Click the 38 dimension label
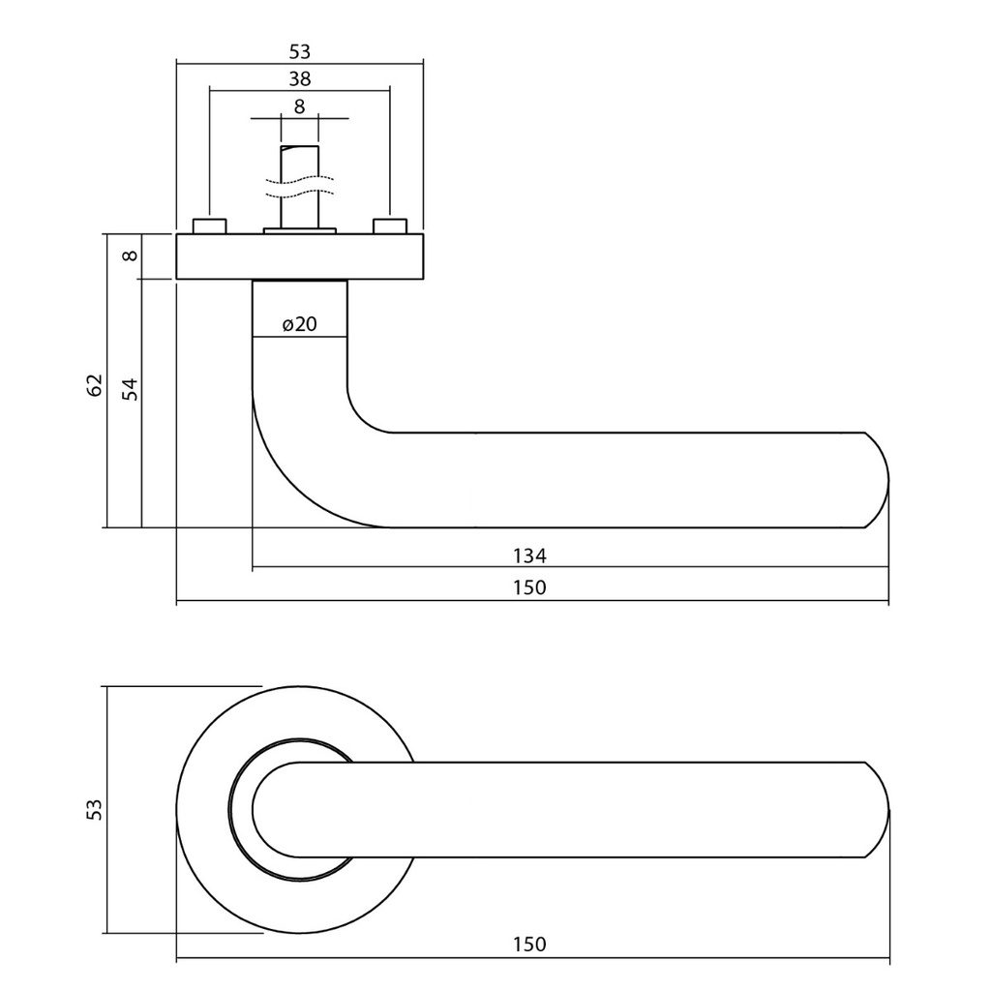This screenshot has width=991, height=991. pos(299,79)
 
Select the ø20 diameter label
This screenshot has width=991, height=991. pos(300,325)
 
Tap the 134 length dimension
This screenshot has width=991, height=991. pos(529,556)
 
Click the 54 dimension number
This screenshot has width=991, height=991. pos(131,389)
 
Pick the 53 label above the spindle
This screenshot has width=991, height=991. pos(299,52)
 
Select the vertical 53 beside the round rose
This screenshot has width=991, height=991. pos(95,809)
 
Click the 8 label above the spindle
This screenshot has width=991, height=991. pos(299,106)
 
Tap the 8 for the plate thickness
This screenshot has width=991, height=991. pos(131,256)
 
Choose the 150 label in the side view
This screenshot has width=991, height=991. pos(529,587)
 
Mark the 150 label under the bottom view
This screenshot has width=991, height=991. pos(529,945)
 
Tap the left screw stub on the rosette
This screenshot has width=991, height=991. pos(209,226)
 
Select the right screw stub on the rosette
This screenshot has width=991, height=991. pos(389,226)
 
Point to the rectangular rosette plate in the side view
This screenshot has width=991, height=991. pos(300,256)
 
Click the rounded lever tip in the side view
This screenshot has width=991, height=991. pos(876,480)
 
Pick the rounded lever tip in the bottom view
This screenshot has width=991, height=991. pos(876,810)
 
